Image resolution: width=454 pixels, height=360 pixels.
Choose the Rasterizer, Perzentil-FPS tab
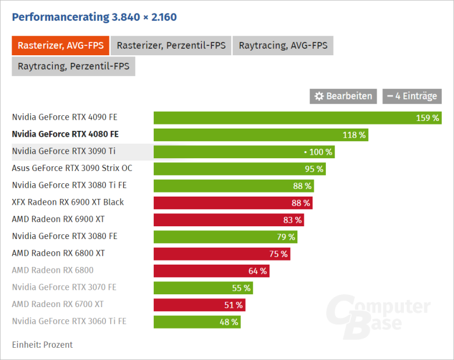171,45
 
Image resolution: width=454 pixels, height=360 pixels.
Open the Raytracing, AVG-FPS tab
283,45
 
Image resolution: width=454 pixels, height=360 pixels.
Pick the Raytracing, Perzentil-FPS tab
73,66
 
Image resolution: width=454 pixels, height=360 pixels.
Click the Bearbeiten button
343,96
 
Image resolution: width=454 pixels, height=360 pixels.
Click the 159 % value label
427,118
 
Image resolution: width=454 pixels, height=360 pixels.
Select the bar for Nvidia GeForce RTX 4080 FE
261,135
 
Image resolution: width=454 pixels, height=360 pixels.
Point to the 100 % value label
320,152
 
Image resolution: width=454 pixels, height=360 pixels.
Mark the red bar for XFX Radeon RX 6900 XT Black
233,203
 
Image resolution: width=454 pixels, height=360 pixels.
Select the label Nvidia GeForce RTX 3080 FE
65,236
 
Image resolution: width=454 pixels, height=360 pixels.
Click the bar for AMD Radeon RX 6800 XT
222,254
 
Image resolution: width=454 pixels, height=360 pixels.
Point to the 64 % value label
257,271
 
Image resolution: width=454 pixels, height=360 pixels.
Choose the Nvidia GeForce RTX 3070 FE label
64,287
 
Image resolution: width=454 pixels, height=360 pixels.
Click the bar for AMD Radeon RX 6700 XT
198,305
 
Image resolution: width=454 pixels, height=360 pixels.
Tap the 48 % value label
229,322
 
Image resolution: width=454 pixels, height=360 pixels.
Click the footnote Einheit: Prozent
42,344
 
